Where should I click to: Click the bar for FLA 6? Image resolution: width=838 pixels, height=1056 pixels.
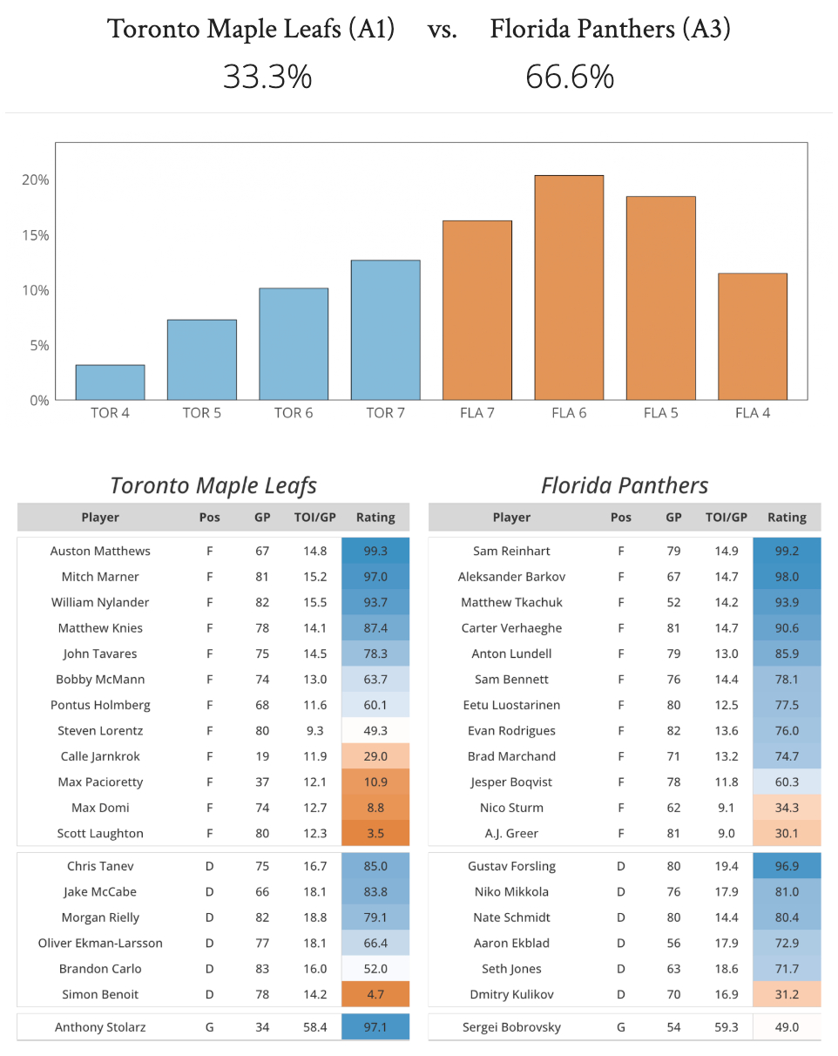(x=569, y=288)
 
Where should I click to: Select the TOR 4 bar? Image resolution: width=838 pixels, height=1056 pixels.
(x=110, y=382)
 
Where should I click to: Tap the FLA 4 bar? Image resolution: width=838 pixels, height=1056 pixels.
(x=752, y=336)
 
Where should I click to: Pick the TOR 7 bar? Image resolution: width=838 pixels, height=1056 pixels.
(x=385, y=330)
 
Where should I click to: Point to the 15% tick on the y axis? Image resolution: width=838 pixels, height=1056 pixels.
(x=36, y=235)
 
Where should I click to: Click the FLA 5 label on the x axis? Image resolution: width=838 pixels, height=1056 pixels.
(x=660, y=413)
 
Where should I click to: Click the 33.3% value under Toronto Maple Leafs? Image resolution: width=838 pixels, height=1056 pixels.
(x=267, y=78)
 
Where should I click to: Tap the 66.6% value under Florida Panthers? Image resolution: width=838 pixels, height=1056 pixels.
(x=570, y=78)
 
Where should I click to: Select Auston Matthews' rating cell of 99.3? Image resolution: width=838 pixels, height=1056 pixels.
(x=375, y=551)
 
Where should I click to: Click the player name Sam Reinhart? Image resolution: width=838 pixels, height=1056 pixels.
(x=511, y=551)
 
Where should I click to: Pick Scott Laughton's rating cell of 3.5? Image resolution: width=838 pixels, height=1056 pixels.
(x=375, y=833)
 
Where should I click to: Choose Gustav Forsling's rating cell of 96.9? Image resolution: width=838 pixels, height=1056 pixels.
(x=787, y=866)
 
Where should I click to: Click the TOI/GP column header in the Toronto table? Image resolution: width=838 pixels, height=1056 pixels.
(x=314, y=518)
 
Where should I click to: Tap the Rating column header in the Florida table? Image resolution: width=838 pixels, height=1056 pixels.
(x=787, y=518)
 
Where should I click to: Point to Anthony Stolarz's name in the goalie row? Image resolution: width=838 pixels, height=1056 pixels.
(x=100, y=1027)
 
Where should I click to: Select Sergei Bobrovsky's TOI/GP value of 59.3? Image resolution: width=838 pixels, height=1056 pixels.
(x=726, y=1027)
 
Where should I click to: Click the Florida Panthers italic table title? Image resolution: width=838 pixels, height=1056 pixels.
(x=625, y=485)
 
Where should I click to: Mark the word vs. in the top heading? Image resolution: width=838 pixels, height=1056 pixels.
(x=443, y=30)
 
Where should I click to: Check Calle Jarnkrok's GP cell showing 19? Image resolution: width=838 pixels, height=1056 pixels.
(x=262, y=756)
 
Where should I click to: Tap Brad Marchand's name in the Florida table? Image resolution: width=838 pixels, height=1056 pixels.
(x=511, y=756)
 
